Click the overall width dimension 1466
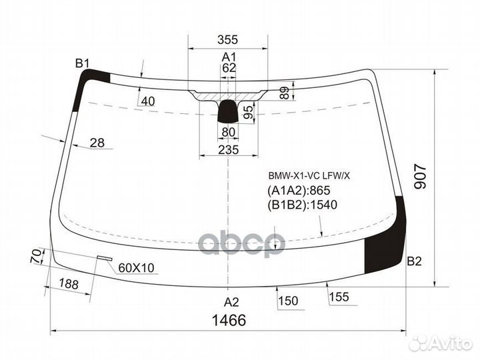[x=229, y=320]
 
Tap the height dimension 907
[x=420, y=177]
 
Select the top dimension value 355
[x=228, y=39]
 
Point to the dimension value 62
[x=229, y=68]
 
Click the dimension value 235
[x=229, y=150]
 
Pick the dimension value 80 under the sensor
[x=229, y=132]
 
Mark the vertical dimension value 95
[x=249, y=112]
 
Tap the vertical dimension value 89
[x=285, y=93]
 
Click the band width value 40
[x=148, y=101]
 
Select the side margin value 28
[x=97, y=143]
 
